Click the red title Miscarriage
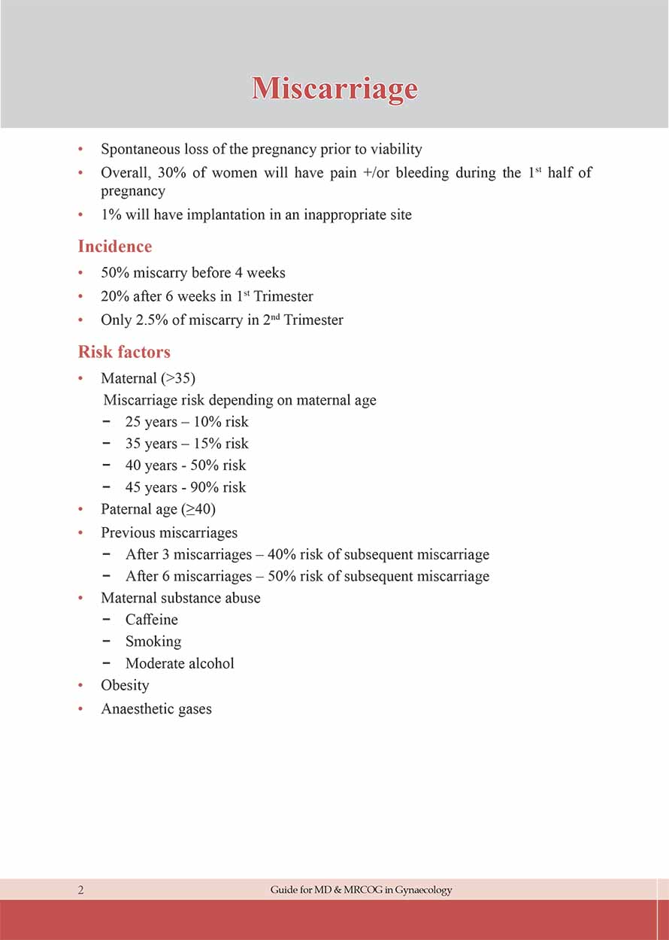coord(334,89)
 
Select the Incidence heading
coord(115,247)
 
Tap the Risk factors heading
coord(124,352)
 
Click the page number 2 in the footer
coord(80,890)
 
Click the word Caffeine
coord(152,620)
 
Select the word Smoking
coord(153,641)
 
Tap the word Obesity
coord(125,685)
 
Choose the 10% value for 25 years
coord(207,422)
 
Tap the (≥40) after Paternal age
coord(198,509)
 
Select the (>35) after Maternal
coord(178,378)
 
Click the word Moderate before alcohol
coord(155,663)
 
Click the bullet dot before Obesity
coord(80,685)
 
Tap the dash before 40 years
coord(108,465)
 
